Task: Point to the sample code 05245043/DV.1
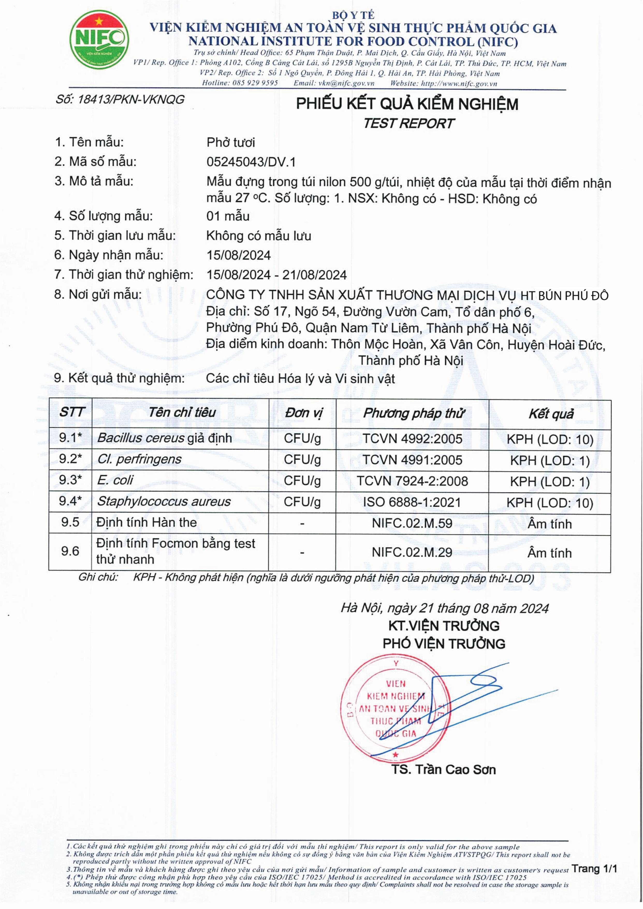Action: point(251,162)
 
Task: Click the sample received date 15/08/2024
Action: point(238,255)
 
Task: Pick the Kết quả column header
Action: point(550,414)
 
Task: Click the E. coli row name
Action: point(115,480)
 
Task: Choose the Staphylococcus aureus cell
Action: point(164,502)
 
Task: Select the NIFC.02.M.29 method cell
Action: point(412,552)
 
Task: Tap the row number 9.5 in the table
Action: point(70,522)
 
